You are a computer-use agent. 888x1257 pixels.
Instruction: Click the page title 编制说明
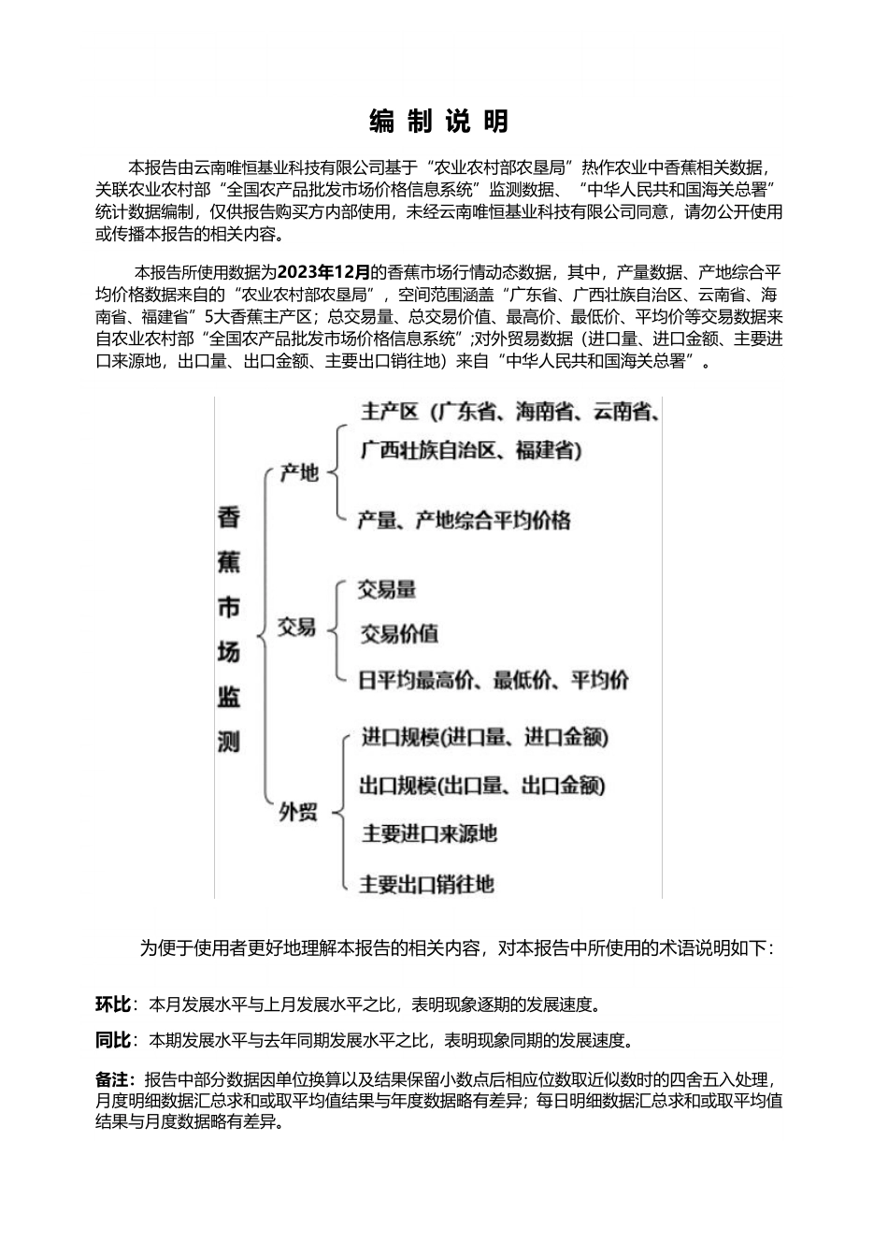439,122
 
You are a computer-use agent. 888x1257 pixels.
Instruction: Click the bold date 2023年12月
324,272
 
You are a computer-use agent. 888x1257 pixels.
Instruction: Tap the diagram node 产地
299,473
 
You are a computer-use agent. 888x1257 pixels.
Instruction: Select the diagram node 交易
297,628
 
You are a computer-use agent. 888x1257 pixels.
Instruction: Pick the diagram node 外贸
298,813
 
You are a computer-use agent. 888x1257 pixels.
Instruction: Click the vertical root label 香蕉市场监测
229,628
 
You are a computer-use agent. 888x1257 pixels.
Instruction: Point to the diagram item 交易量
387,590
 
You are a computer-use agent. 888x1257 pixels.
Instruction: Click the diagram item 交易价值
399,634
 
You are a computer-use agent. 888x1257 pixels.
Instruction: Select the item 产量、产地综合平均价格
464,520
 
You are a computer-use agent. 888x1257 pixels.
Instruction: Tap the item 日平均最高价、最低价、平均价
494,680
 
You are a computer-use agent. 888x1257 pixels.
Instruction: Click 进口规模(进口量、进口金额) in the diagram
485,737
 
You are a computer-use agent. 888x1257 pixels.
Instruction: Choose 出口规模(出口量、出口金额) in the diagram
482,786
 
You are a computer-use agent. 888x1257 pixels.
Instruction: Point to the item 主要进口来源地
429,833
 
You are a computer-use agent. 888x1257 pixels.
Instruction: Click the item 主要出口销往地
427,883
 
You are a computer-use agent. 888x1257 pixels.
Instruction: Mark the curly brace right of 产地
337,473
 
